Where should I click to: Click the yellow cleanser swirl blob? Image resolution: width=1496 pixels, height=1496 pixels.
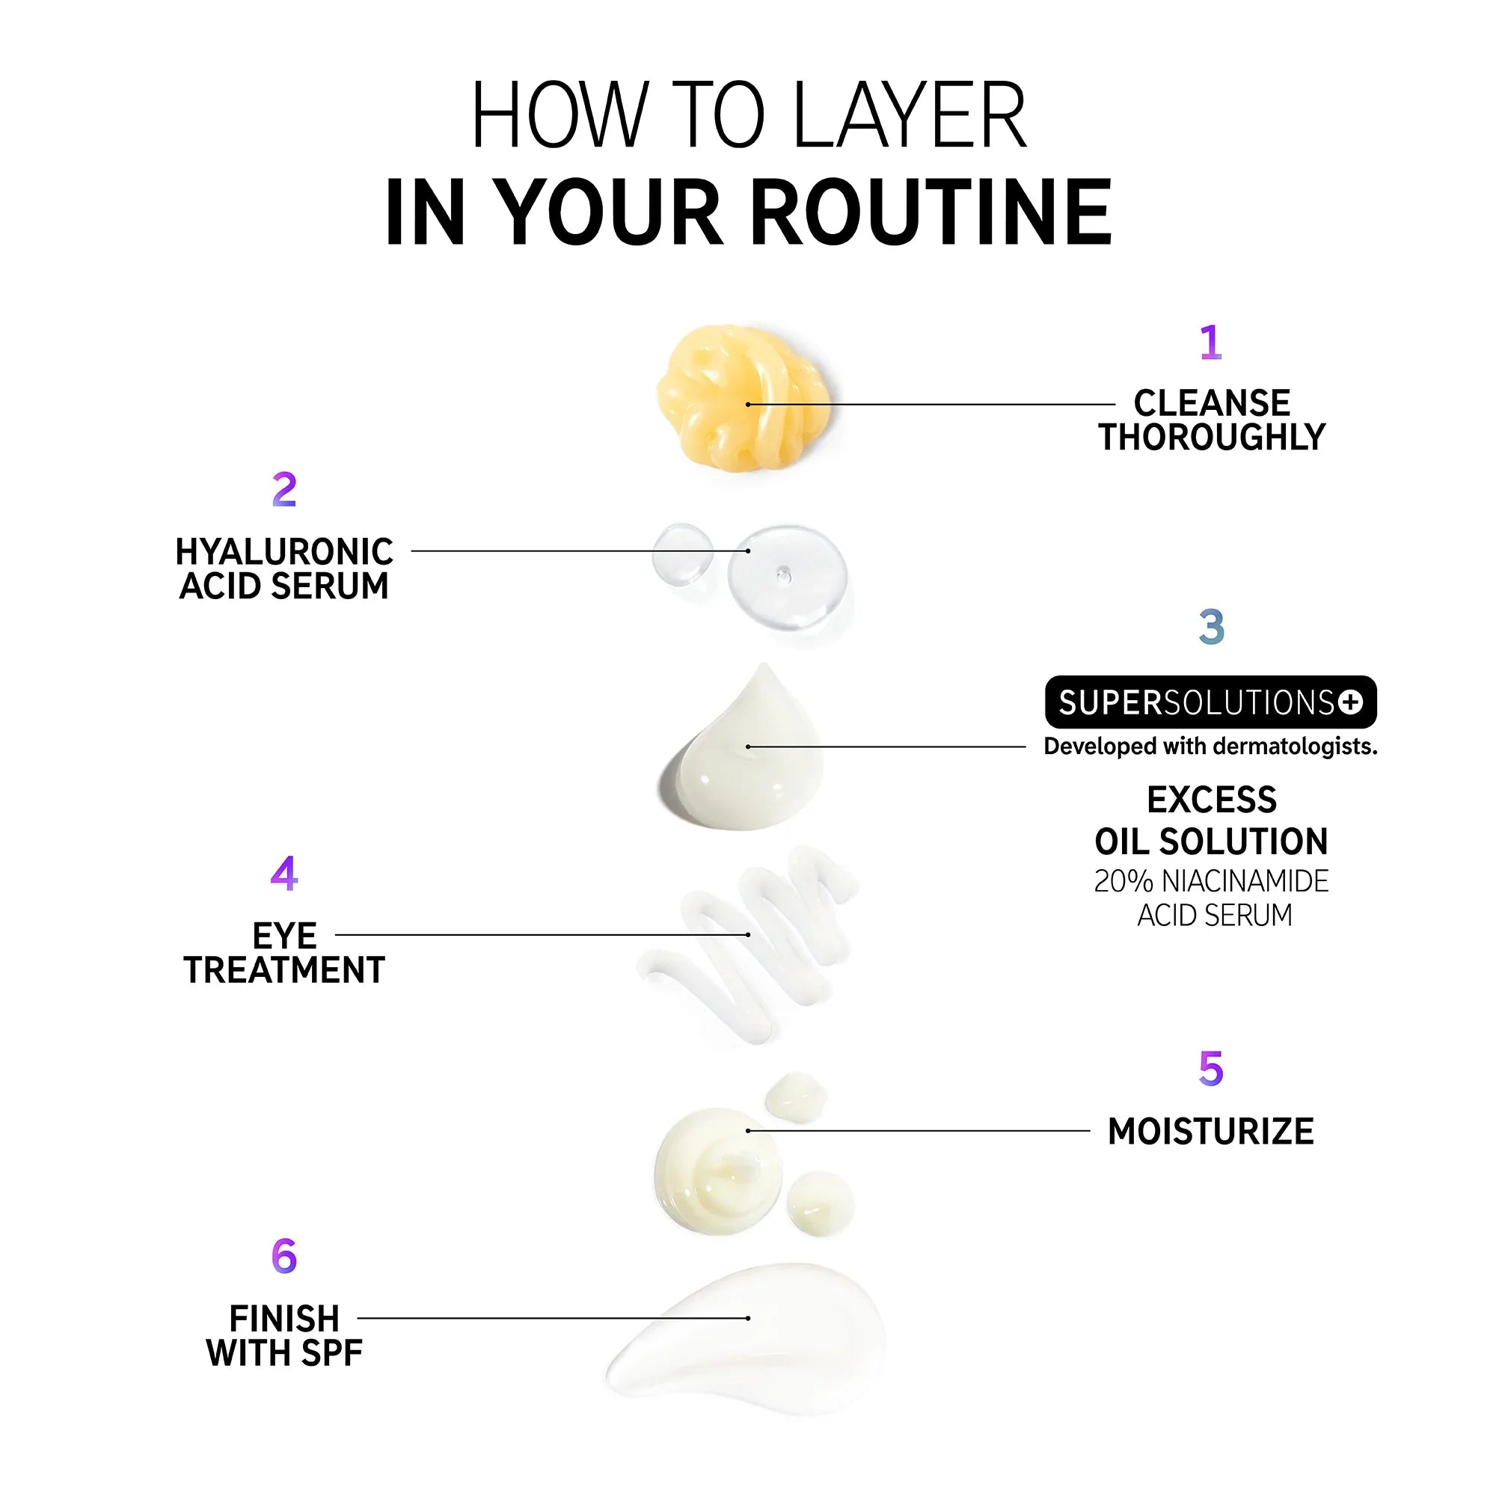pyautogui.click(x=742, y=396)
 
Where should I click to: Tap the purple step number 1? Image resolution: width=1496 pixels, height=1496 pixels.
pyautogui.click(x=1211, y=343)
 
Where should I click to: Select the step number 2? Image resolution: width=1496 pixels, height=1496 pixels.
pyautogui.click(x=284, y=489)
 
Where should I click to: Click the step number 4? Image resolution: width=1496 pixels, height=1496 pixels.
pyautogui.click(x=284, y=874)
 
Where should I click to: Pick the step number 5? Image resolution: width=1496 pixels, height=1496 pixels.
pyautogui.click(x=1211, y=1069)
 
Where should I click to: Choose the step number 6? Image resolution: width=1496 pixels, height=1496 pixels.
pyautogui.click(x=284, y=1256)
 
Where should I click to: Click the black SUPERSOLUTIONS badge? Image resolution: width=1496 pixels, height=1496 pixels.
pyautogui.click(x=1211, y=702)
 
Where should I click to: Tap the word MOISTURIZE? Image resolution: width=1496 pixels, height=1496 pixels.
pyautogui.click(x=1211, y=1131)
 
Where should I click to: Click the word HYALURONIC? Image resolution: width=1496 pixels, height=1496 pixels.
pyautogui.click(x=284, y=552)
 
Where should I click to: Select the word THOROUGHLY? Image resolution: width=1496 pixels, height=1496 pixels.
pyautogui.click(x=1212, y=438)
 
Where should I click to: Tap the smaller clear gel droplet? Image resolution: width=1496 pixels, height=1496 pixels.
pyautogui.click(x=682, y=553)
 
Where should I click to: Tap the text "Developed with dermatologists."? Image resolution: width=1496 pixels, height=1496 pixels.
pyautogui.click(x=1211, y=747)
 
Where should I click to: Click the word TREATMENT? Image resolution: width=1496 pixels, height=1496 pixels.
pyautogui.click(x=284, y=970)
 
